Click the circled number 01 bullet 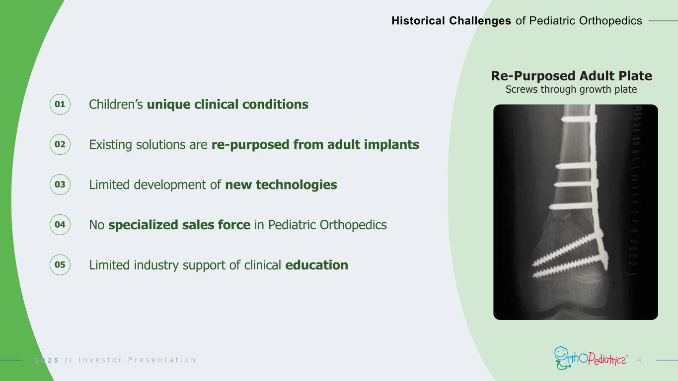[x=60, y=104]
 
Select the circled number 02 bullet [x=60, y=144]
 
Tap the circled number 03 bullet [x=60, y=185]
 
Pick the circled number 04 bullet [x=60, y=225]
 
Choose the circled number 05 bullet [x=60, y=265]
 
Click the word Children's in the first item [x=116, y=104]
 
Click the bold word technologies [x=297, y=185]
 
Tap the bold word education [x=316, y=265]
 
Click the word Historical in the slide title [x=418, y=21]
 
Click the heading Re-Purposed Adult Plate [x=571, y=76]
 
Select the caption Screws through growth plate [x=571, y=89]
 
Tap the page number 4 [x=639, y=360]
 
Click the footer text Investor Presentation [x=137, y=360]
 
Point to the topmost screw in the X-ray [x=579, y=120]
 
